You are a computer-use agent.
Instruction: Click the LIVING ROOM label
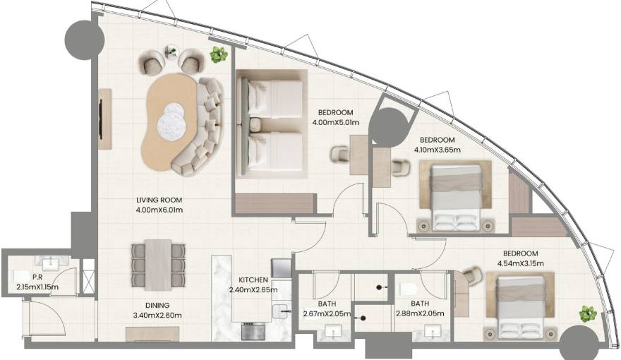159,200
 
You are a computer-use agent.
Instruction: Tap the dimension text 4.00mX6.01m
159,210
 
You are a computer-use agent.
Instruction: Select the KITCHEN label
253,280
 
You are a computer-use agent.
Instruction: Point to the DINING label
157,306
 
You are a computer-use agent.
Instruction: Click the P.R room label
37,277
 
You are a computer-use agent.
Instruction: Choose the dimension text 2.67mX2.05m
327,313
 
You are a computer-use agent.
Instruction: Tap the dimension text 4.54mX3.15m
520,263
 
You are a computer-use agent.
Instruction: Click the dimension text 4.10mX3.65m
438,150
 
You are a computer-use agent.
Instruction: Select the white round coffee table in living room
171,120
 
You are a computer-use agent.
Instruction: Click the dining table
158,265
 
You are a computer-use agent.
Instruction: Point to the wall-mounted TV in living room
102,119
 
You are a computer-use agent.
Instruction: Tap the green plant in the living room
218,54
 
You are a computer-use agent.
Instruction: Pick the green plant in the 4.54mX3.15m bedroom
588,313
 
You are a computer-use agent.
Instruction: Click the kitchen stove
253,331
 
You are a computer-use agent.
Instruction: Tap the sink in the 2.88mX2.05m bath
433,331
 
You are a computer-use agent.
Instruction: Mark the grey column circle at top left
85,40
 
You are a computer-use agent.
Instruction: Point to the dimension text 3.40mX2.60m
158,316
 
